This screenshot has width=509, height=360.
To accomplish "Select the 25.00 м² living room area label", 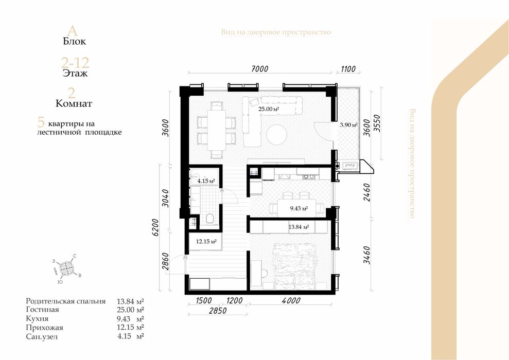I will pyautogui.click(x=269, y=109).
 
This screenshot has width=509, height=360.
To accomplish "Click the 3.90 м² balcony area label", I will pyautogui.click(x=348, y=124).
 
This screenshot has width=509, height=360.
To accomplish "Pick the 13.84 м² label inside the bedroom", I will pyautogui.click(x=299, y=227).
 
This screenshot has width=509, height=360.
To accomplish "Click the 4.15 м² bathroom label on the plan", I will pyautogui.click(x=206, y=181).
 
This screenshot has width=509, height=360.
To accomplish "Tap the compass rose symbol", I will pyautogui.click(x=67, y=267).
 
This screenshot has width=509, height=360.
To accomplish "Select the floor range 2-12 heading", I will pyautogui.click(x=75, y=63).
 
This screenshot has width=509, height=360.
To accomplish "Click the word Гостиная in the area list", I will pyautogui.click(x=42, y=310).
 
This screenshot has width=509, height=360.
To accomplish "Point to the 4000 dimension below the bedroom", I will pyautogui.click(x=291, y=301).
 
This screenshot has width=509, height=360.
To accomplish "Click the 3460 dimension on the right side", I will pyautogui.click(x=367, y=255).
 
